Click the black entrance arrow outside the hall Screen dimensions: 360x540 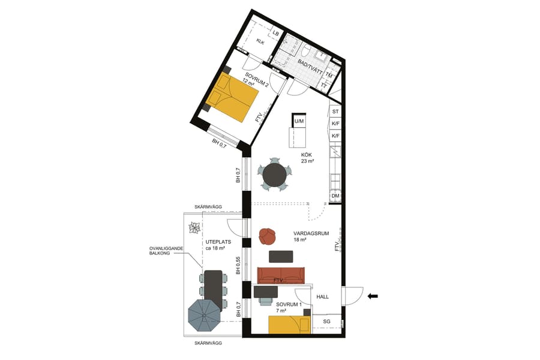point(373,295)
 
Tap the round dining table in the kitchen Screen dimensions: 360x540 point(275,175)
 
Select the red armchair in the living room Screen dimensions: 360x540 point(267,236)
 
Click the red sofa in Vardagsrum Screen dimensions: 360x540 point(281,275)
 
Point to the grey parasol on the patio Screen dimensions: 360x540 point(204,315)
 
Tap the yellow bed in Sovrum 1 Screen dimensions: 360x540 point(290,325)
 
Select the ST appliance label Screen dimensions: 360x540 point(335,112)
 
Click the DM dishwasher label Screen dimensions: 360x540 point(335,196)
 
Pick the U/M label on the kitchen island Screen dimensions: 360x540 point(298,122)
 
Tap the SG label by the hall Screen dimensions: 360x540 point(326,322)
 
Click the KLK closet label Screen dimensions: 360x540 point(260,41)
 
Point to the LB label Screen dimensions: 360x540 point(276,34)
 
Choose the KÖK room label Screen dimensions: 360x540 point(307,155)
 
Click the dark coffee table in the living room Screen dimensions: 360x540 point(281,256)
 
